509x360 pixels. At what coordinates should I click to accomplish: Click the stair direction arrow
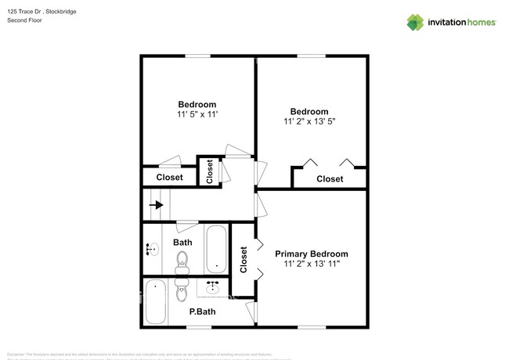point(157,205)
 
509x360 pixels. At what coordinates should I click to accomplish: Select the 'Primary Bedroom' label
point(311,254)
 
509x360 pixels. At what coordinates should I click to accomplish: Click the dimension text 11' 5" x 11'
point(197,114)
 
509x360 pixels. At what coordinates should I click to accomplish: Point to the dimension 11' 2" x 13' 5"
point(309,121)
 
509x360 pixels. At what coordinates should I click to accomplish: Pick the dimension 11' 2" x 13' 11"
point(311,265)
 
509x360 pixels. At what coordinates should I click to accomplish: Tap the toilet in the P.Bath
point(182,293)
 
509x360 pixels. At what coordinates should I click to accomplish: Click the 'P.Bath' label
point(202,311)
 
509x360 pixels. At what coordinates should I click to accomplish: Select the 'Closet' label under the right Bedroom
point(330,179)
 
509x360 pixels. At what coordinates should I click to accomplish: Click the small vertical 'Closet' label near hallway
point(209,171)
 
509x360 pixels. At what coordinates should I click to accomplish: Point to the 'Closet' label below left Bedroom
point(169,178)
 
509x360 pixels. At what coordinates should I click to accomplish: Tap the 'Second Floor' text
point(24,20)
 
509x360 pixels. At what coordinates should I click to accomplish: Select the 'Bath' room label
point(182,243)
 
